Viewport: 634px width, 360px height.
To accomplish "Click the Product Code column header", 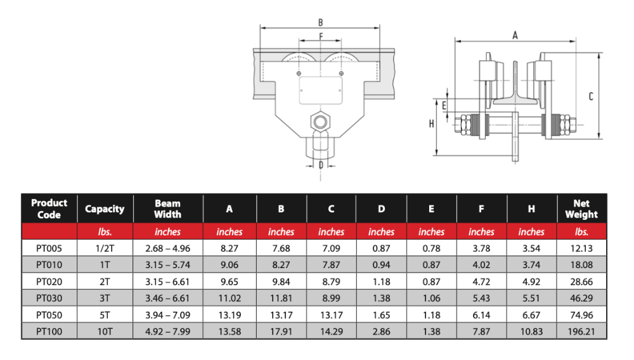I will [49, 209].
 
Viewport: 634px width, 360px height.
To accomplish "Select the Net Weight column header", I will [581, 209].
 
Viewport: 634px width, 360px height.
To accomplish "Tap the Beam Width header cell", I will [167, 209].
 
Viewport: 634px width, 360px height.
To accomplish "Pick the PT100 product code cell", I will [49, 330].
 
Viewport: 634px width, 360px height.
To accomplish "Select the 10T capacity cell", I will [105, 330].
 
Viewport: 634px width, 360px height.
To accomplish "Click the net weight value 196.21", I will [581, 330].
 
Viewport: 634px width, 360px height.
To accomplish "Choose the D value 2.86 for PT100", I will [381, 330].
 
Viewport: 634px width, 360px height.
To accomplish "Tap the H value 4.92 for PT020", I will [531, 281].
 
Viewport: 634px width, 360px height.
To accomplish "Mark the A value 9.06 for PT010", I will [229, 264].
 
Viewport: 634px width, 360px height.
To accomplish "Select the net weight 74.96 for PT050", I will [581, 314].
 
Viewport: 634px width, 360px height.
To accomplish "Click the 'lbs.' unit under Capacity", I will [105, 232].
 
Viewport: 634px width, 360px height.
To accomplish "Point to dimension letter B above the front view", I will [321, 22].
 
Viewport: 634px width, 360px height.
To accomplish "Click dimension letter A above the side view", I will [515, 36].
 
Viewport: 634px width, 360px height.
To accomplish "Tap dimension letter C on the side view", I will [590, 97].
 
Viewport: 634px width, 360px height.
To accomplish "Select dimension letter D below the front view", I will [321, 165].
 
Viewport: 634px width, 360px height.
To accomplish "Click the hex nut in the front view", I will [321, 120].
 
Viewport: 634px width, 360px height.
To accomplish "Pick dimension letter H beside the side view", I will [431, 124].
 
